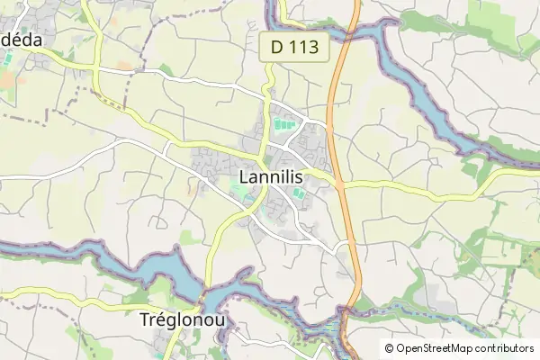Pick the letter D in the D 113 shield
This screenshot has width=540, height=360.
(x=276, y=49)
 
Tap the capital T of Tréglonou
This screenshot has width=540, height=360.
(x=146, y=319)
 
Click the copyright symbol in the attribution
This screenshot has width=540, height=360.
(x=389, y=348)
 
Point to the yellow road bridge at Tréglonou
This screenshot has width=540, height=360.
(x=205, y=293)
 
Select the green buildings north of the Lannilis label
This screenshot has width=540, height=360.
(x=284, y=123)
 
